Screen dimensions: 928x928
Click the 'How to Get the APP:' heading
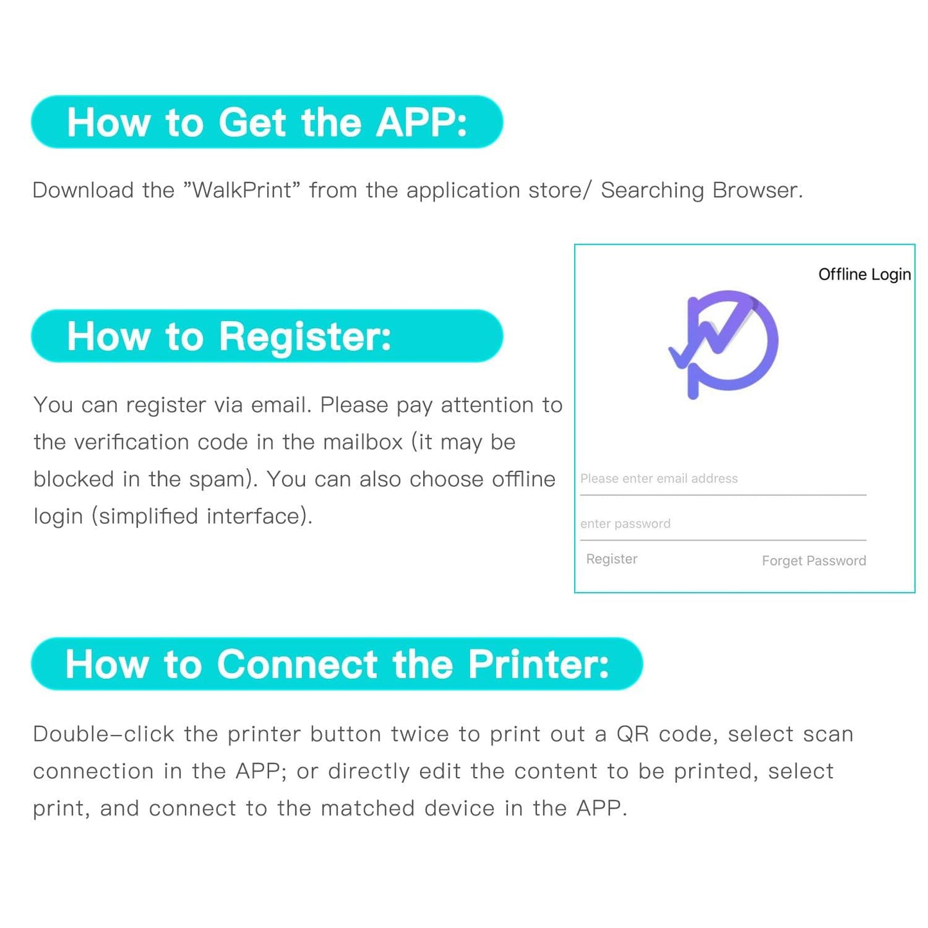tap(267, 122)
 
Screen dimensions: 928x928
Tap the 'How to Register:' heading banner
tap(267, 336)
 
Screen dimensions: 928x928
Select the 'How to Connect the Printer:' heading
tap(337, 664)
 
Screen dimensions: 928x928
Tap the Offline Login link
tap(864, 274)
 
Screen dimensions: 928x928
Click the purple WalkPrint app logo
tap(724, 344)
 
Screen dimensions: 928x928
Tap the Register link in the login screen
tap(611, 559)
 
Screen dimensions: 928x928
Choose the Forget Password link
tap(814, 561)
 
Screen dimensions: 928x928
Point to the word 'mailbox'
tap(363, 442)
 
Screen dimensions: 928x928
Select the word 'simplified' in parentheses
tap(149, 517)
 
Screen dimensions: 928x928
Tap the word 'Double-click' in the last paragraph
tap(103, 735)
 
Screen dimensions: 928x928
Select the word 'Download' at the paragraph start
tap(83, 190)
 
